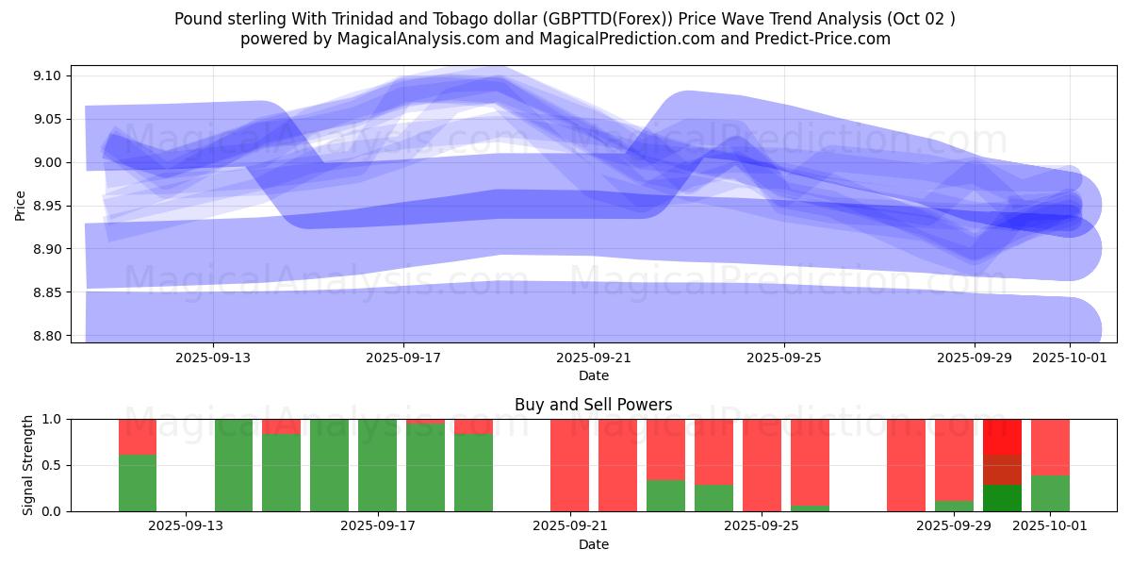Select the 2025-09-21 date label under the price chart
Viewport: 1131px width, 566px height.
pos(594,358)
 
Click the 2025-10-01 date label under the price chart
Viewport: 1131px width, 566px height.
pos(1070,358)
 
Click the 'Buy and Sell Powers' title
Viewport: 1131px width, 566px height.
pos(594,405)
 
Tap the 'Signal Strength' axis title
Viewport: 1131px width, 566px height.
pos(28,465)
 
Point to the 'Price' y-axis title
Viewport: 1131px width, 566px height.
pos(21,205)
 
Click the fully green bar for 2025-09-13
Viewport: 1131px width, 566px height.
pos(234,465)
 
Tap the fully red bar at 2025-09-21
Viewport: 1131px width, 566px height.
pos(569,465)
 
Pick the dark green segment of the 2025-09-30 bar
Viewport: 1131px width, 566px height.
pos(1002,498)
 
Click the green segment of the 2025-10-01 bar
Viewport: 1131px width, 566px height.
pos(1050,493)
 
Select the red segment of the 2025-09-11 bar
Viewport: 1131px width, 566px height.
pos(138,437)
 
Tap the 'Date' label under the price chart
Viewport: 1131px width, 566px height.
pos(594,375)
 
